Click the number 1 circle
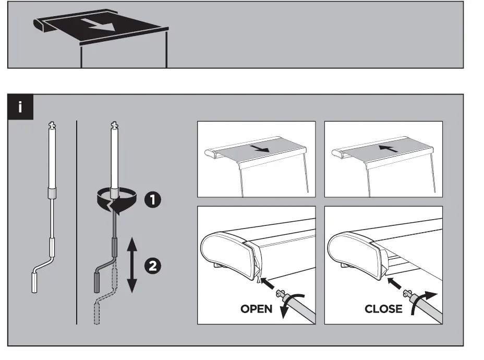click(x=152, y=199)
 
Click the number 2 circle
click(x=152, y=266)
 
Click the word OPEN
click(x=256, y=309)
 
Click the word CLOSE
click(x=383, y=309)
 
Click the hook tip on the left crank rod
click(x=52, y=125)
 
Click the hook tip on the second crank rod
click(x=115, y=125)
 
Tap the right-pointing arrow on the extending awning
click(x=259, y=149)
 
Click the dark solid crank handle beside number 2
click(x=97, y=282)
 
